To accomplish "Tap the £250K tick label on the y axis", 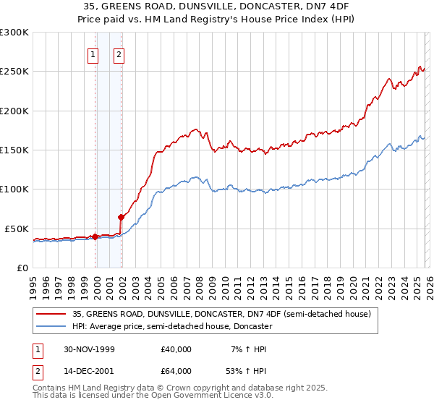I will click(x=14, y=72).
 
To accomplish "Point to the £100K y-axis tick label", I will click(x=14, y=189).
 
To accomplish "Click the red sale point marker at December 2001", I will click(x=121, y=217).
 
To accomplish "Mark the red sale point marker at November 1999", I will click(x=95, y=236).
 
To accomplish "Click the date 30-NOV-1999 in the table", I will click(x=91, y=349).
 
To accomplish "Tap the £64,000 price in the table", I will click(x=176, y=370).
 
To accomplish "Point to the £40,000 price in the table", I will click(x=176, y=349).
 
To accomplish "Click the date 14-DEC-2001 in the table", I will click(x=91, y=370).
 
